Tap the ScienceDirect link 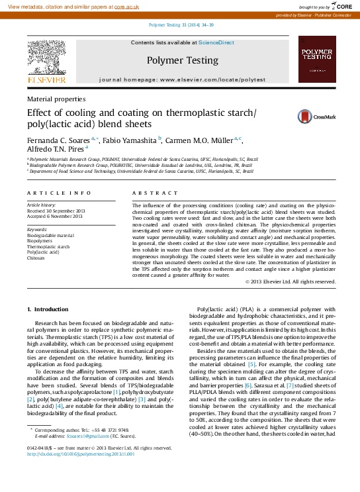tap(217, 42)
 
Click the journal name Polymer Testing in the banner tap(182, 60)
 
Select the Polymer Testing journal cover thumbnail tap(316, 60)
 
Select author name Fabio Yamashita tap(130, 140)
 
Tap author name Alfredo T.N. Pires tap(56, 150)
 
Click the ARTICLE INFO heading tap(59, 193)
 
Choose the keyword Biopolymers tap(39, 240)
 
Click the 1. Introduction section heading tap(47, 309)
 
